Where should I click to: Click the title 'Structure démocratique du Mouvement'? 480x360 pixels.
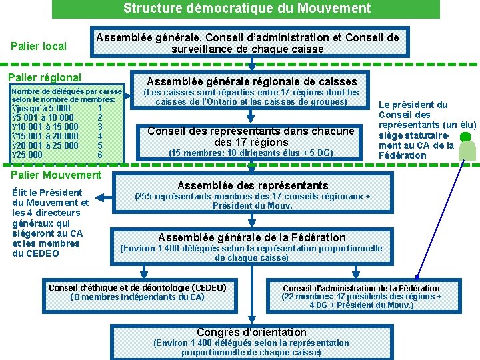point(247,9)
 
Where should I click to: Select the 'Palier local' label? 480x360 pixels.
point(39,46)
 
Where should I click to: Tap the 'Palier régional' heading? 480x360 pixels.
point(44,77)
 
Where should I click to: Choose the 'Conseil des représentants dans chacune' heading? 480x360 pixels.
point(251,131)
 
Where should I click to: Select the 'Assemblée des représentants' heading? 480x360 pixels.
point(253,185)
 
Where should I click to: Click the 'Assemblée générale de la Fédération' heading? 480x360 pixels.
point(252,237)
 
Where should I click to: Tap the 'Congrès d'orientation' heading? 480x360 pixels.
point(251,332)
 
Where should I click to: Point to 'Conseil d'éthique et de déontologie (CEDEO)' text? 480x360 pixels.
point(137,288)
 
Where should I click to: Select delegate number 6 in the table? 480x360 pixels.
point(100,155)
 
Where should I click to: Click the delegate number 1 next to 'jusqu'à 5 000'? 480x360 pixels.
point(100,108)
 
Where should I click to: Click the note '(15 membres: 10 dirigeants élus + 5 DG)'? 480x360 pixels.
point(251,153)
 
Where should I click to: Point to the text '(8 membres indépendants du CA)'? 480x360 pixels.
point(137,297)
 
